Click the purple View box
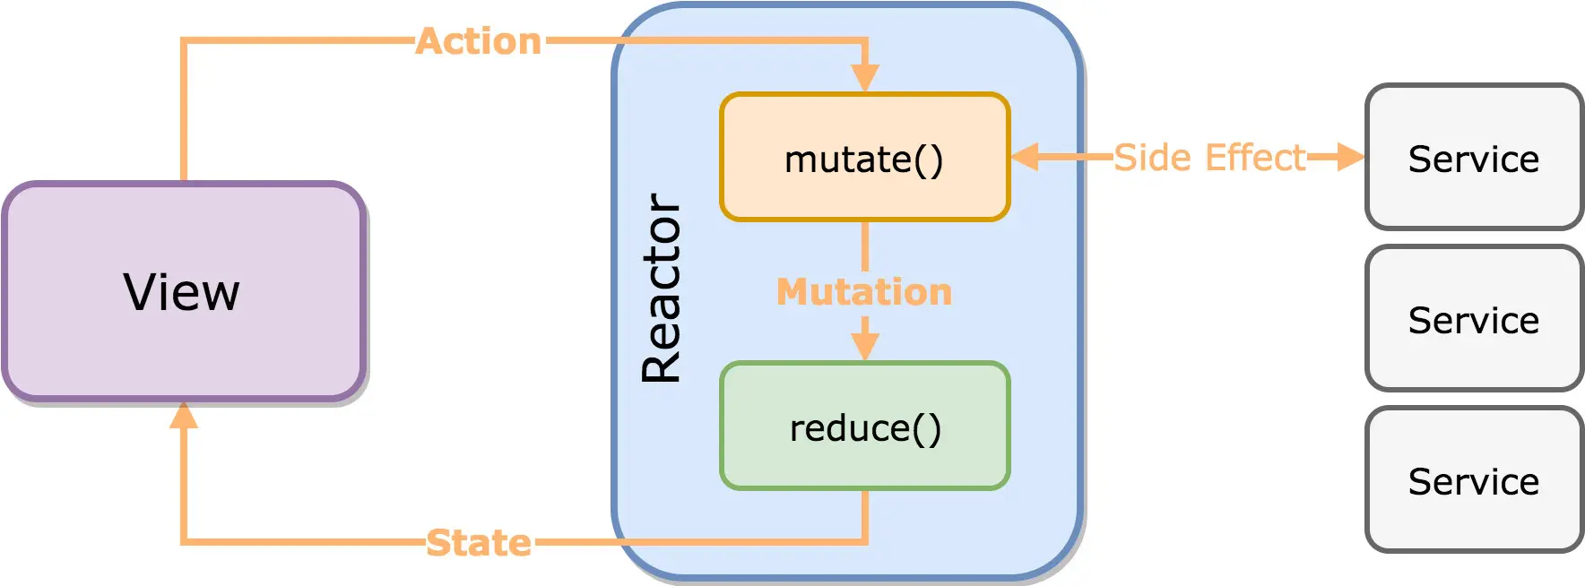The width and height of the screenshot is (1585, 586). pyautogui.click(x=184, y=291)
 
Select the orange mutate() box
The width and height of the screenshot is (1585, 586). pyautogui.click(x=865, y=157)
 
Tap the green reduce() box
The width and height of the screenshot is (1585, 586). pyautogui.click(x=865, y=426)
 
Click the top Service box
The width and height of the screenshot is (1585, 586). pyautogui.click(x=1475, y=157)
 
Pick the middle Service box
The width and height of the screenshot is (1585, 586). pyautogui.click(x=1475, y=318)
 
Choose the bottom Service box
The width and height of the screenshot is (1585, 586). pyautogui.click(x=1475, y=479)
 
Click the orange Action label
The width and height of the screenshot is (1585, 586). pyautogui.click(x=479, y=41)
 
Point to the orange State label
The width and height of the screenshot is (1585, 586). pyautogui.click(x=479, y=543)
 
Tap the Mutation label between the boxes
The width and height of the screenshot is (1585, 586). pyautogui.click(x=864, y=292)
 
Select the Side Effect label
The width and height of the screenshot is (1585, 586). pyautogui.click(x=1209, y=158)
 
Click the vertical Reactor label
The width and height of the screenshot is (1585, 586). pyautogui.click(x=663, y=289)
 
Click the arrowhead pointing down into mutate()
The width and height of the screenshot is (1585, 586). pyautogui.click(x=865, y=78)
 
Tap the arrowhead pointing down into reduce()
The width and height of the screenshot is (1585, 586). pyautogui.click(x=865, y=347)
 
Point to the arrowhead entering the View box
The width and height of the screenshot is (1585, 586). pyautogui.click(x=184, y=414)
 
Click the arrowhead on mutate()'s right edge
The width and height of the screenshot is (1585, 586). pyautogui.click(x=1025, y=157)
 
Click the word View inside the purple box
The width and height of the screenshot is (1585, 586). pyautogui.click(x=182, y=292)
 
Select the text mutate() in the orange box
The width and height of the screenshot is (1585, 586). pyautogui.click(x=864, y=159)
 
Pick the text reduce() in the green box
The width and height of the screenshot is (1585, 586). pyautogui.click(x=865, y=428)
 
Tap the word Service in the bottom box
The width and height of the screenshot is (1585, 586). pyautogui.click(x=1474, y=481)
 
